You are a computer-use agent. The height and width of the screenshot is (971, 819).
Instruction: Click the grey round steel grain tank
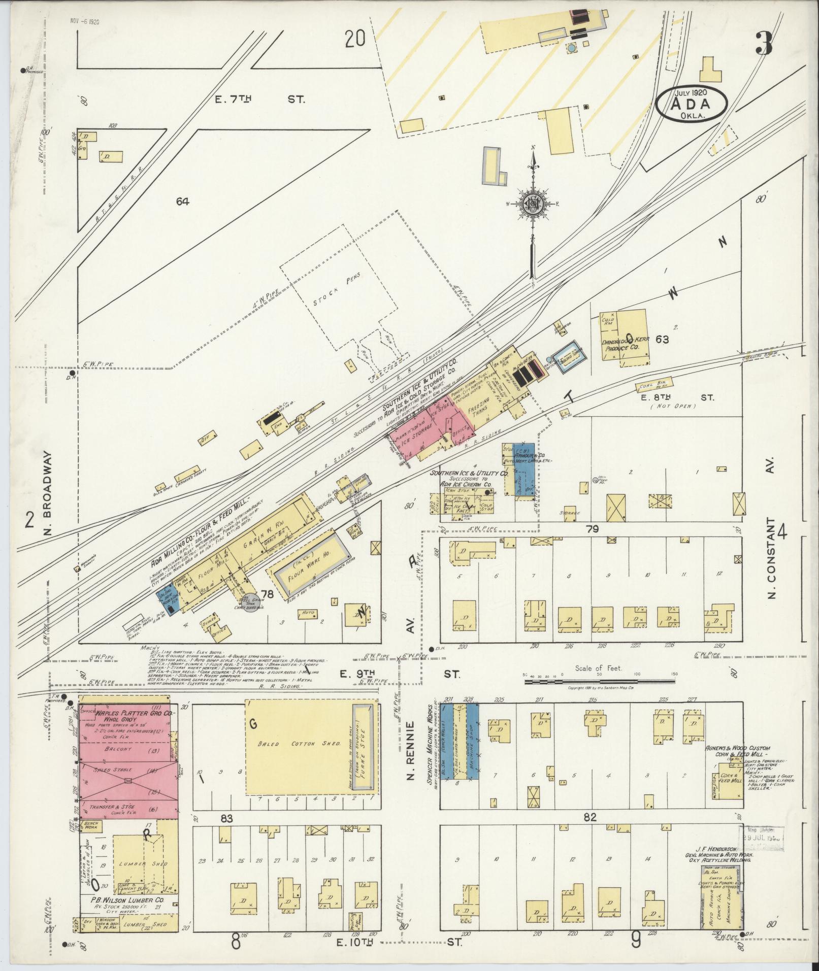pos(249,602)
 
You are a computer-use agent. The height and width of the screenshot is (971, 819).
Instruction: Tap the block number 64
pos(183,202)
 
